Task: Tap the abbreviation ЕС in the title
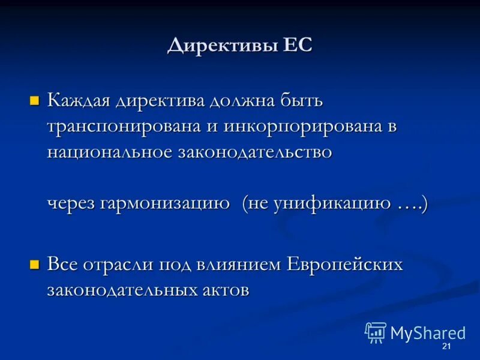[297, 46]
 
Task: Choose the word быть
[302, 100]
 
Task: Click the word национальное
[109, 152]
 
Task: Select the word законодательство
[254, 152]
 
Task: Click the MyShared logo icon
[376, 332]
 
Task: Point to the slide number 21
[446, 347]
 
